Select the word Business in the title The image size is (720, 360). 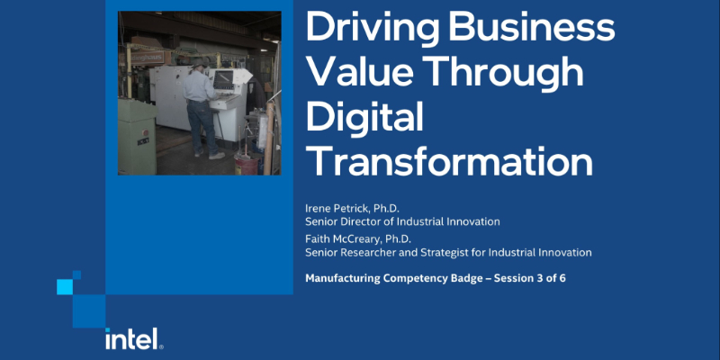coord(538,28)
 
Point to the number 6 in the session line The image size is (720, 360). coord(562,278)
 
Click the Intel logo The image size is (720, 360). coord(133,338)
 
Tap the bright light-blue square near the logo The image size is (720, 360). coord(64,287)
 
